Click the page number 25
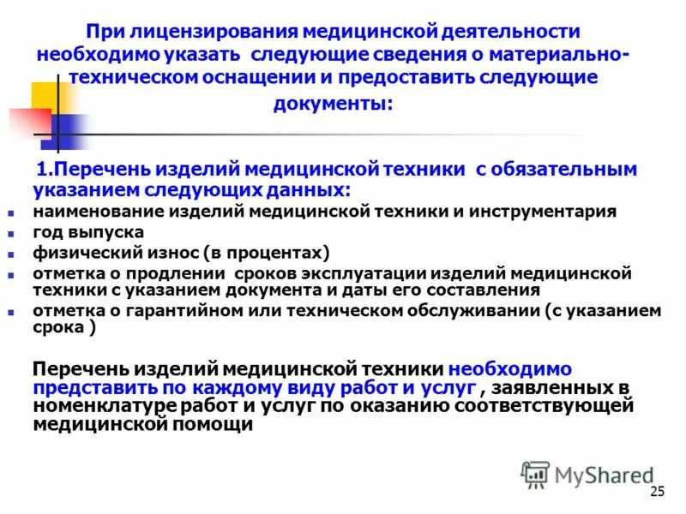(x=658, y=491)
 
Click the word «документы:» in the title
(x=334, y=105)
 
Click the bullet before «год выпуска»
(x=11, y=234)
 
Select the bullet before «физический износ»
(x=11, y=254)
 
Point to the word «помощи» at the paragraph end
(x=208, y=424)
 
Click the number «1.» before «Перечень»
(x=45, y=168)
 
